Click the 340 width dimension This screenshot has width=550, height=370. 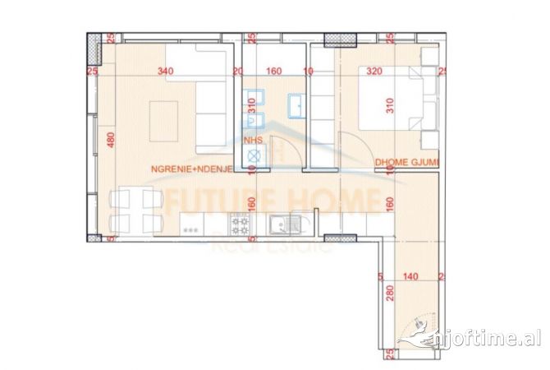coord(166,72)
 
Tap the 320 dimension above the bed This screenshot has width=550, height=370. coord(375,72)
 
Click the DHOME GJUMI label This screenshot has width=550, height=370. coord(405,163)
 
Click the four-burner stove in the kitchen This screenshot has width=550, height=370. coord(241,224)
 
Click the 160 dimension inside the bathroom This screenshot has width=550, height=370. coord(274,72)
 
